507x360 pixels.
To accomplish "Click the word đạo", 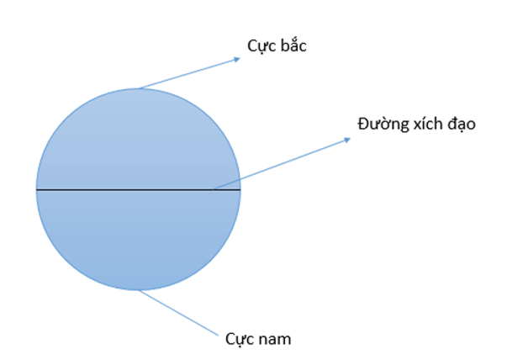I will coord(463,124).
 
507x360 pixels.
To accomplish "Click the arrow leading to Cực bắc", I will coord(189,73).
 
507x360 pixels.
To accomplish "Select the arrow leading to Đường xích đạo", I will coord(282,163).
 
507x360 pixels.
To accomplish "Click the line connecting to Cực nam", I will coord(181,310).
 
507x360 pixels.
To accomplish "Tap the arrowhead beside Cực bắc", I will coord(238,58).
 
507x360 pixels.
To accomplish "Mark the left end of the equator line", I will coord(37,190).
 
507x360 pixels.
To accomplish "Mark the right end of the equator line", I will coord(240,190).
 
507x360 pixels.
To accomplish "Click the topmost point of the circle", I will coord(139,88).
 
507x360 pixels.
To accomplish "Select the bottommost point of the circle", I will coord(139,291).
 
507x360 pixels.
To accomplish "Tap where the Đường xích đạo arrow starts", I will coord(214,189).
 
